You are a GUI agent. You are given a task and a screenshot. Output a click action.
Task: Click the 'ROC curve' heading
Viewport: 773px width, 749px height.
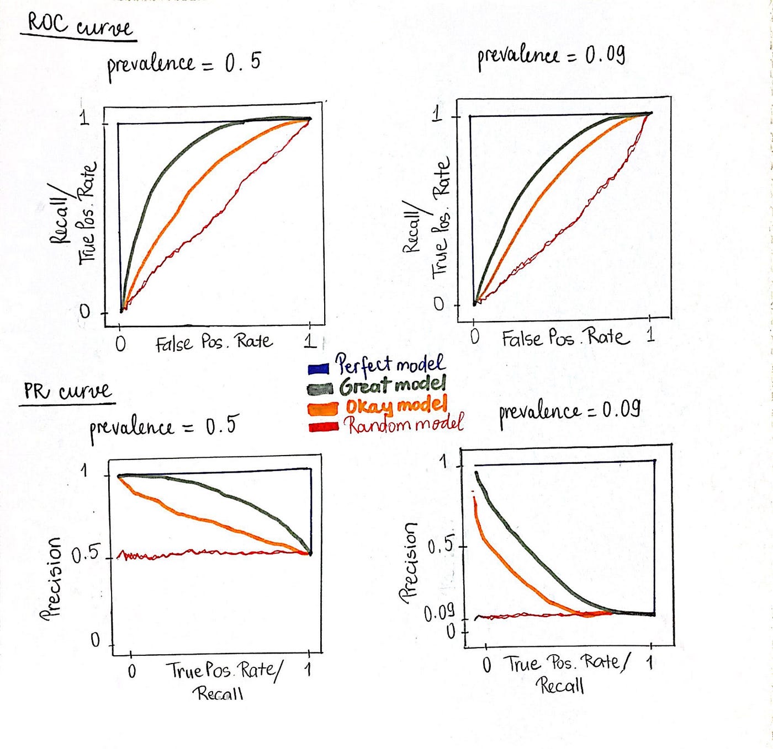80,25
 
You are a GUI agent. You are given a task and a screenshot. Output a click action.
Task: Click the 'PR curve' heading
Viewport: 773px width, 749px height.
67,391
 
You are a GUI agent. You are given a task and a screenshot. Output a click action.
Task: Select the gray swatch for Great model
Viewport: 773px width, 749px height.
320,389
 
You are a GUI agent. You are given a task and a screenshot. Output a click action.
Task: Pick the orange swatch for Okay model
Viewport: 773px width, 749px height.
323,409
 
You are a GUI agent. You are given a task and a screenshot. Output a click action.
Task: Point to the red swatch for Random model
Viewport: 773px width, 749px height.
324,427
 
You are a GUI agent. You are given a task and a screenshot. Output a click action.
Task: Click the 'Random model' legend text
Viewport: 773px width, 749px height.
404,424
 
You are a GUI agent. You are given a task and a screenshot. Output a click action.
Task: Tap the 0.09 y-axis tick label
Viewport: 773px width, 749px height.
439,612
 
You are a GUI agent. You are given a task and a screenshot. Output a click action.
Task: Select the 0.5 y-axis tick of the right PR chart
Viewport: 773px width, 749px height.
441,546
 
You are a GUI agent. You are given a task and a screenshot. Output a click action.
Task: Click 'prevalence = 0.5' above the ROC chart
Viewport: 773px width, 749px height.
183,63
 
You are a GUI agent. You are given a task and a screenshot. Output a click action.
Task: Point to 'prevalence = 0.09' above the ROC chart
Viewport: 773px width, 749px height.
551,56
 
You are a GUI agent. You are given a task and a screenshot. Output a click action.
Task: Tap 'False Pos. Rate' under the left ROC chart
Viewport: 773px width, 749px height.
214,343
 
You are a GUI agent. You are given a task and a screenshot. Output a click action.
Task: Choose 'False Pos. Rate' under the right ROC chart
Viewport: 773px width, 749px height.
565,337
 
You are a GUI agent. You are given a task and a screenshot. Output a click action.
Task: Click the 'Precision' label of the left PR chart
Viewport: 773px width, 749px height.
51,579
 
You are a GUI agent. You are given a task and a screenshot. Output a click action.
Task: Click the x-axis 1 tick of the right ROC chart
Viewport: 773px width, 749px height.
650,334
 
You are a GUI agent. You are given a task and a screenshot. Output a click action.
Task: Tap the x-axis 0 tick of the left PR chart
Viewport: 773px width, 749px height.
131,671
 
